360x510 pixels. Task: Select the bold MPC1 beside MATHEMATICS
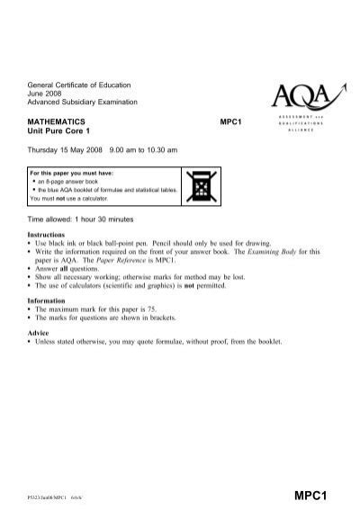click(232, 119)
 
